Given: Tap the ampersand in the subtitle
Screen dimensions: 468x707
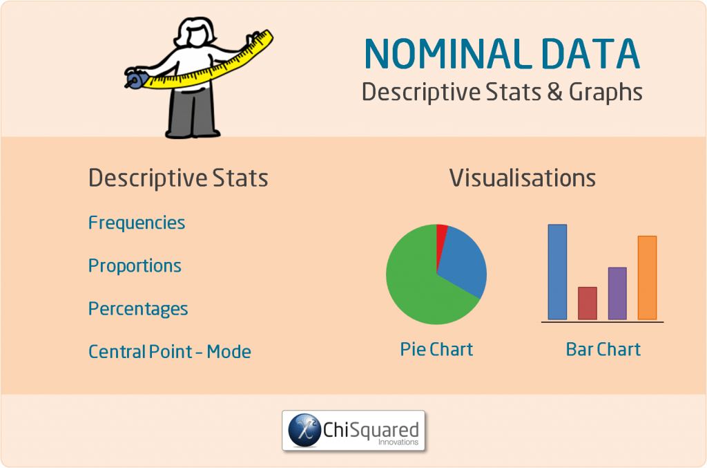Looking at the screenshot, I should click(554, 92).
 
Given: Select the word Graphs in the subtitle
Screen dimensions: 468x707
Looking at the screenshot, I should click(606, 93).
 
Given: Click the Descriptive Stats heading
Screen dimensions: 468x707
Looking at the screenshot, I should click(178, 178).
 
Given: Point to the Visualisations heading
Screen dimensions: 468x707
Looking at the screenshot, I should click(523, 178).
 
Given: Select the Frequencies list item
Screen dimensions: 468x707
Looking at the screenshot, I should click(137, 223).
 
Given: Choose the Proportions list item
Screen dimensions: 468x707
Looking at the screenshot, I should click(135, 265).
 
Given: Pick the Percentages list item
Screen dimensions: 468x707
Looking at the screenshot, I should click(138, 308).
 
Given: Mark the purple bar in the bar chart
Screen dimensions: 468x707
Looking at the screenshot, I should click(617, 293).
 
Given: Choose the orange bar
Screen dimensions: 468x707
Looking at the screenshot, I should click(647, 277).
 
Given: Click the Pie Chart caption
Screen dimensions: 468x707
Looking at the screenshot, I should click(436, 349).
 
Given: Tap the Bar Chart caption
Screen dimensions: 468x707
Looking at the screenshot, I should click(603, 349).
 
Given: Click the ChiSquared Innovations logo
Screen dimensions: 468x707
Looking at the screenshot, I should click(353, 431).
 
